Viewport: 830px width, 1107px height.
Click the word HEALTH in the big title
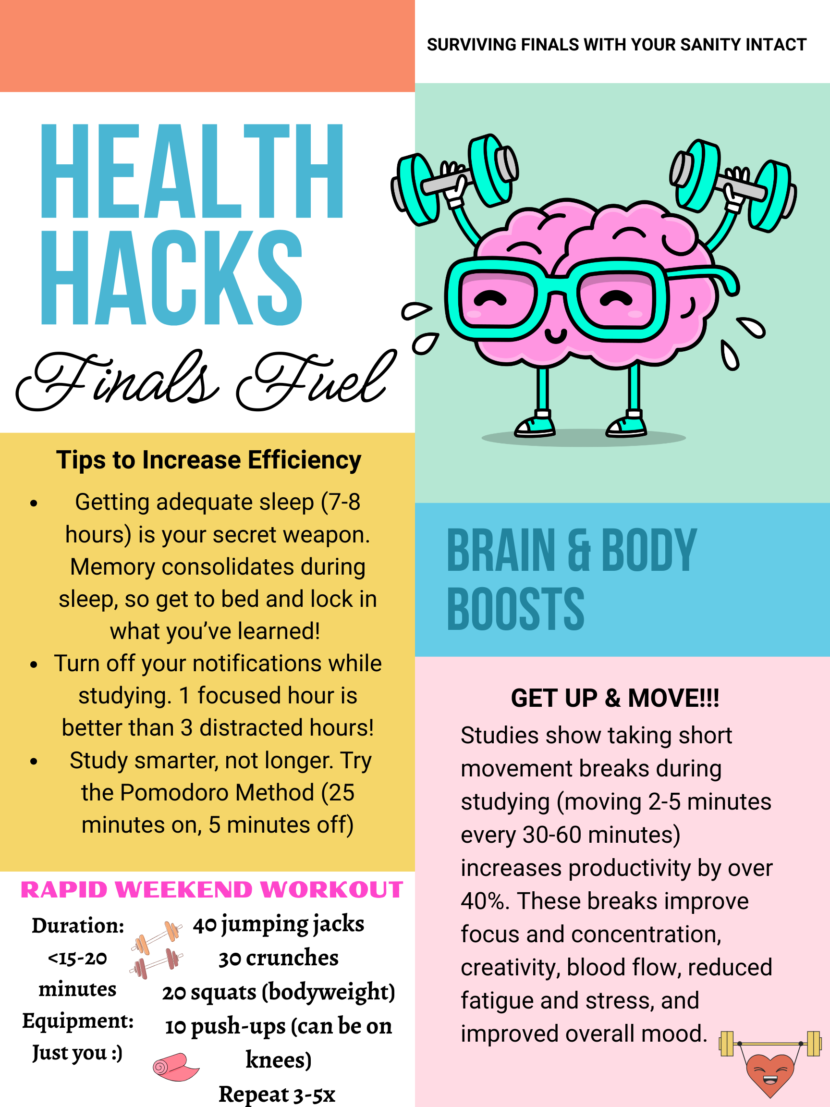[x=192, y=171]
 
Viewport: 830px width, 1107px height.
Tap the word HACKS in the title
[x=171, y=278]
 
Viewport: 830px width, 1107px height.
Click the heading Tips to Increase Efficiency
[x=208, y=460]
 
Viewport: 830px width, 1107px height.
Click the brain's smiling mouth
[x=555, y=335]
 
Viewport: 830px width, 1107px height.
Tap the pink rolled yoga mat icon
[x=176, y=1067]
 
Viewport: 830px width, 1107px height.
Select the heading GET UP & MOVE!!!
[x=615, y=698]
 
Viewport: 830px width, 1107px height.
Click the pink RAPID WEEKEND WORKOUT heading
[x=212, y=890]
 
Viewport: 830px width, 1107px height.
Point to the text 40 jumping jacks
[x=279, y=924]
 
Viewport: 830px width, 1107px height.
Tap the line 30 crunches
[x=279, y=958]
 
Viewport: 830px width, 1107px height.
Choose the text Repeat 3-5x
[x=277, y=1094]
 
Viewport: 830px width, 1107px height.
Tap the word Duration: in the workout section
[x=78, y=926]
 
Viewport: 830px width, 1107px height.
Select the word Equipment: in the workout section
[x=78, y=1021]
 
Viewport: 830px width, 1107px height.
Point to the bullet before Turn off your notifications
[x=34, y=664]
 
